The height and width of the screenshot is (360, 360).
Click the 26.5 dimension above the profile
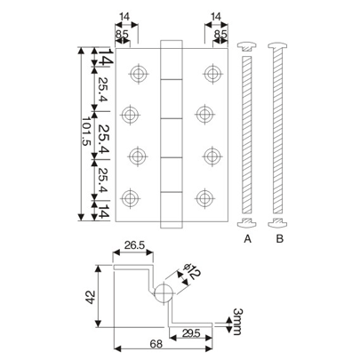[x=135, y=245]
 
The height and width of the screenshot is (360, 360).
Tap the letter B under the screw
[x=280, y=239]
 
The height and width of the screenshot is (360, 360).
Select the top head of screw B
[x=280, y=44]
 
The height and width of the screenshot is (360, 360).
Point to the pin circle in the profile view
[x=163, y=294]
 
